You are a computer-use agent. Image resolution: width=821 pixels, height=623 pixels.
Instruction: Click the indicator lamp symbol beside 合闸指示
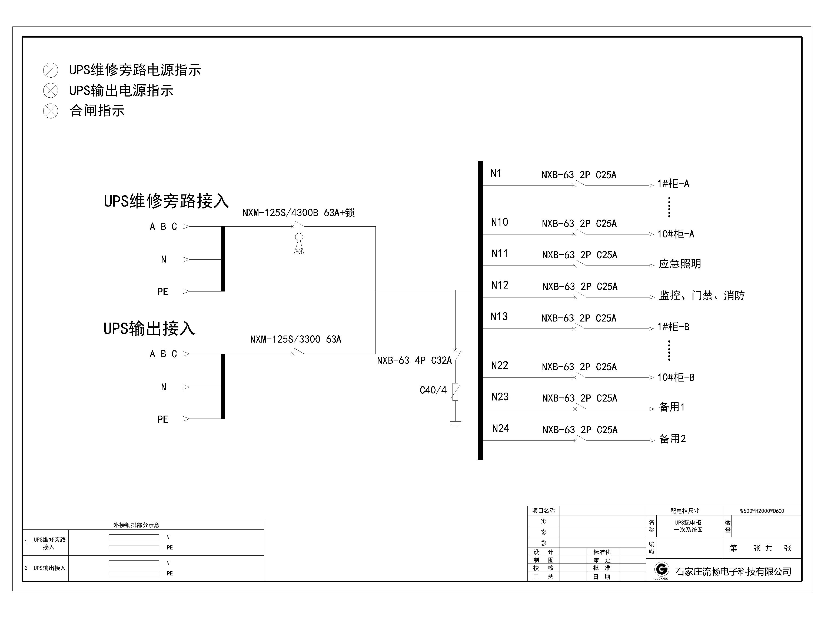tap(51, 111)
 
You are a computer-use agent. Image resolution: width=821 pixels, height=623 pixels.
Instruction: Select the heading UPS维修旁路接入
tap(166, 201)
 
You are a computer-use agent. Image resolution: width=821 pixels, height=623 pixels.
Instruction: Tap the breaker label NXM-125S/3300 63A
tap(295, 339)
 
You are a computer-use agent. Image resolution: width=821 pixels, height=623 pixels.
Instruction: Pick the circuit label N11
tap(500, 254)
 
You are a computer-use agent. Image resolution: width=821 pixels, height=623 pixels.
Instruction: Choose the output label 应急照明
tap(680, 264)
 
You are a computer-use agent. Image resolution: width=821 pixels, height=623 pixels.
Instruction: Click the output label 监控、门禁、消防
tap(702, 296)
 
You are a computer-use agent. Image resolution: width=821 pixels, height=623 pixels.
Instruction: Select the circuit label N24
tap(500, 429)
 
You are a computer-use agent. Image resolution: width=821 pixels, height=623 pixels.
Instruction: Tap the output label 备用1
tap(672, 407)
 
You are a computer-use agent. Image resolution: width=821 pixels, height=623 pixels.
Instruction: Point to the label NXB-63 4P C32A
tap(414, 360)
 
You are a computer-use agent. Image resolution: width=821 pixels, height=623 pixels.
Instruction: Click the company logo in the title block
tap(662, 569)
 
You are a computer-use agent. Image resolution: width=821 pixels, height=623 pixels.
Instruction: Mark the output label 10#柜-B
tap(676, 377)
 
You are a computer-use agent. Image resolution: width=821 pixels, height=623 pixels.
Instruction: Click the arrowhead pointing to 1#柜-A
tap(651, 185)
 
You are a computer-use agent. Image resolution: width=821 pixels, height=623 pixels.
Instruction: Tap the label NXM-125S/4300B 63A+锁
tap(298, 213)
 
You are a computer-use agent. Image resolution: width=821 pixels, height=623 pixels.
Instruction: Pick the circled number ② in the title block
tap(543, 532)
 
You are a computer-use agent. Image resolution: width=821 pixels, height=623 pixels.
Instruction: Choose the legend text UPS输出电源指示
tap(121, 91)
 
